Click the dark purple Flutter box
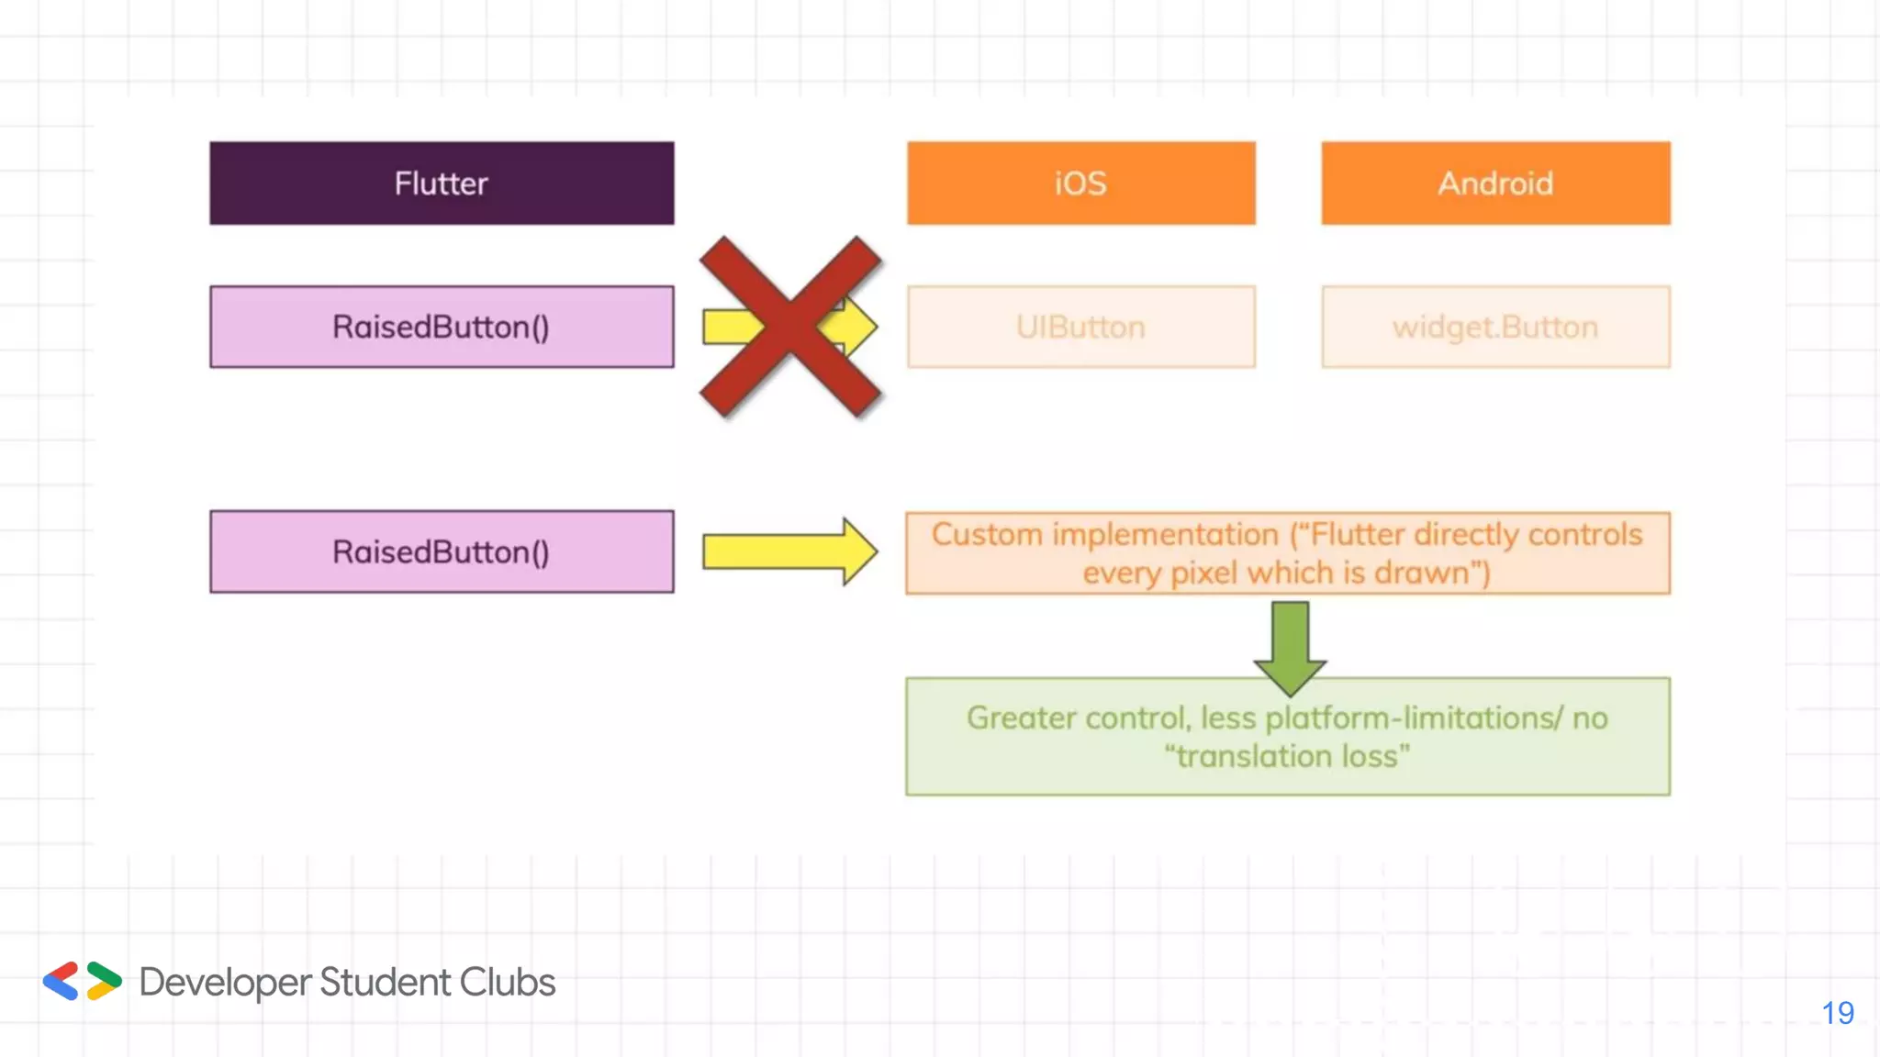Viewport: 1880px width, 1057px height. (x=442, y=183)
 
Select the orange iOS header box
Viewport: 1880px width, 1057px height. (x=1080, y=183)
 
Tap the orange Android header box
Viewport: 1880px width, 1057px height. (x=1495, y=183)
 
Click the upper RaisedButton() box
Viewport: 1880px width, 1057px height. (x=442, y=327)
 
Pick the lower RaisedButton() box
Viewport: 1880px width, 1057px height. (x=442, y=551)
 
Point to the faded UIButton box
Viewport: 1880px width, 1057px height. (x=1080, y=327)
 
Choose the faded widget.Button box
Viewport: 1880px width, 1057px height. (x=1495, y=327)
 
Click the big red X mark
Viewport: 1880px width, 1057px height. (x=790, y=327)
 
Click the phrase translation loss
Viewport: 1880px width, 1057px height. (x=1287, y=756)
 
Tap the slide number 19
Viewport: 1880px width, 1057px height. (x=1838, y=1013)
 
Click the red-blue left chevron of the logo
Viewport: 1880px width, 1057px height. (x=62, y=981)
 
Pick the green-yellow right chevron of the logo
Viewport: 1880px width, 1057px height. (x=104, y=981)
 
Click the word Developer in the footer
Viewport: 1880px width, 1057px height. (x=226, y=983)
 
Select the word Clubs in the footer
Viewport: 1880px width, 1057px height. (x=507, y=982)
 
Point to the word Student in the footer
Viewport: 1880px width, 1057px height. (x=386, y=982)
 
